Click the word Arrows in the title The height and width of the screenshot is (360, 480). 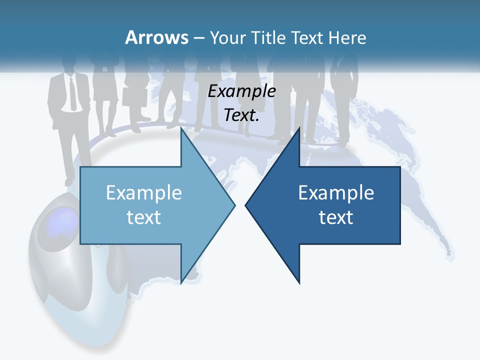[156, 37]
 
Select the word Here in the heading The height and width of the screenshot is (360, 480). [347, 37]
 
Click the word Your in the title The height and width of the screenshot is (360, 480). [227, 37]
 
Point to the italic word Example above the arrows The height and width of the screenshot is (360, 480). [241, 91]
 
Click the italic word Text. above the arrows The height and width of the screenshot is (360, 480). [241, 115]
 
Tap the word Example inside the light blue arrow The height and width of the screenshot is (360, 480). [144, 193]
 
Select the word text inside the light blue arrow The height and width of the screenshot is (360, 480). [144, 217]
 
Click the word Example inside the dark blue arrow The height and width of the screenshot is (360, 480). [336, 193]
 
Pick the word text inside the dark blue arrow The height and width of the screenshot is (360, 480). [336, 217]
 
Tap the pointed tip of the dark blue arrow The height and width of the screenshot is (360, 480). [246, 205]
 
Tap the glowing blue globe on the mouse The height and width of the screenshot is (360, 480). [62, 222]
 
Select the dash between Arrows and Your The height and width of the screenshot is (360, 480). [198, 38]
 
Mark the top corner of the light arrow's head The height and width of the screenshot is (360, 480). [181, 128]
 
